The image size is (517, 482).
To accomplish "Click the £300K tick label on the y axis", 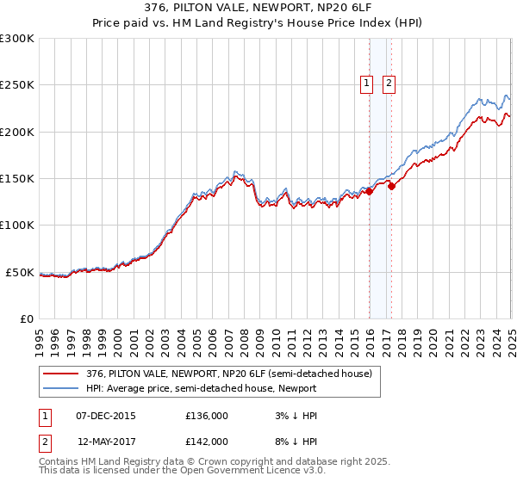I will point(17,39).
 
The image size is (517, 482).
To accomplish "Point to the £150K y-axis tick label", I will point(17,178).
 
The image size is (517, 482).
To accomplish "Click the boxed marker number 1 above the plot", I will point(366,83).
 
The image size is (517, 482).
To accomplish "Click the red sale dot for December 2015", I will point(369,191).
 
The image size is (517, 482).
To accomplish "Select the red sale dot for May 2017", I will point(391,185).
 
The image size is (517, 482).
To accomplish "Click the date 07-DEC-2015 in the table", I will point(106,416).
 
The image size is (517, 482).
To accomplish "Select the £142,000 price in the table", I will point(207,441).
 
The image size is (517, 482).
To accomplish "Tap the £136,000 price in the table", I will point(207,416).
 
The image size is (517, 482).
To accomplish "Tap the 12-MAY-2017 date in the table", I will point(106,441).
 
